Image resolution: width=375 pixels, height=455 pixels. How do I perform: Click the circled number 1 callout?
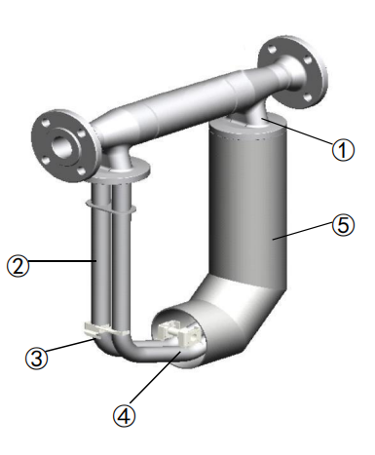tap(343, 150)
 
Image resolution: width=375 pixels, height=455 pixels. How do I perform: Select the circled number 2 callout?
tap(19, 265)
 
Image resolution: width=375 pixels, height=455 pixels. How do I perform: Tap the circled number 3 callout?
tap(37, 359)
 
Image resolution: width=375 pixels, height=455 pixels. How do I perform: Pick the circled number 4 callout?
tap(124, 415)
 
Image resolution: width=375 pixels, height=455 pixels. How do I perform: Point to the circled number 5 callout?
tap(343, 225)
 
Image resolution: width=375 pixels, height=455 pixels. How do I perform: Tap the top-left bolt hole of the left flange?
tap(47, 124)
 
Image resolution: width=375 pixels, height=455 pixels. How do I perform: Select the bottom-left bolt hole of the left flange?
tap(48, 161)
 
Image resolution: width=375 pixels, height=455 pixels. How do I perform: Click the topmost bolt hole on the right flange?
tap(272, 50)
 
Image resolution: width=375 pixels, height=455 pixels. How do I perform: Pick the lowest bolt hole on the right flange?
tap(307, 97)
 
